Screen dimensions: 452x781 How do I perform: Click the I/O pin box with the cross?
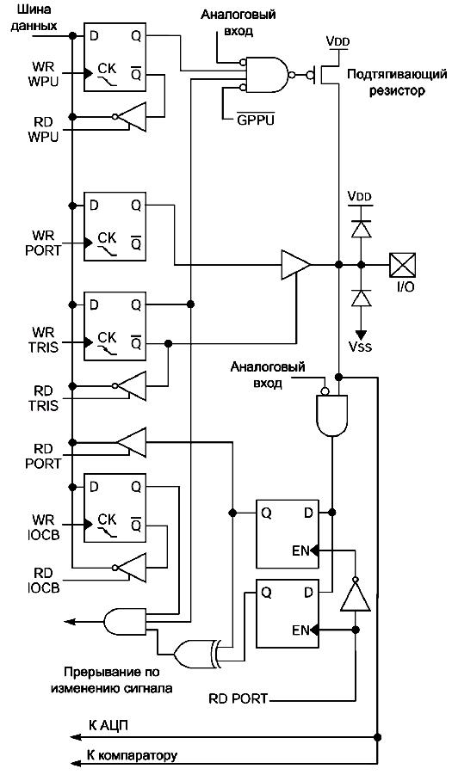coord(403,265)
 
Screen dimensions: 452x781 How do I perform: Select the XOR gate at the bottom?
coord(195,653)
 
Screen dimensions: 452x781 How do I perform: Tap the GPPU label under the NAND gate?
coord(256,120)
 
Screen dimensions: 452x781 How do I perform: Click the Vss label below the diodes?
coord(360,345)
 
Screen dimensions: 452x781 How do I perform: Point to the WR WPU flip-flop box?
coord(115,58)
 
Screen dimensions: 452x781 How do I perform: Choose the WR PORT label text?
coord(43,243)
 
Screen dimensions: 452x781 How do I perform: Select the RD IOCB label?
coord(43,581)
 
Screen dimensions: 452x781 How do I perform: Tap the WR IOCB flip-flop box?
coord(115,507)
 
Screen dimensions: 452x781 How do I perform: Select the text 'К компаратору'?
coord(132,755)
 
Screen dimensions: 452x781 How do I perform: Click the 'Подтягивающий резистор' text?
coord(397,83)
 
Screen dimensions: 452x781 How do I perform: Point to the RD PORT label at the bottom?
coord(238,698)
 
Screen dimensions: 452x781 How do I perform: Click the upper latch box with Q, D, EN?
coord(287,533)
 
